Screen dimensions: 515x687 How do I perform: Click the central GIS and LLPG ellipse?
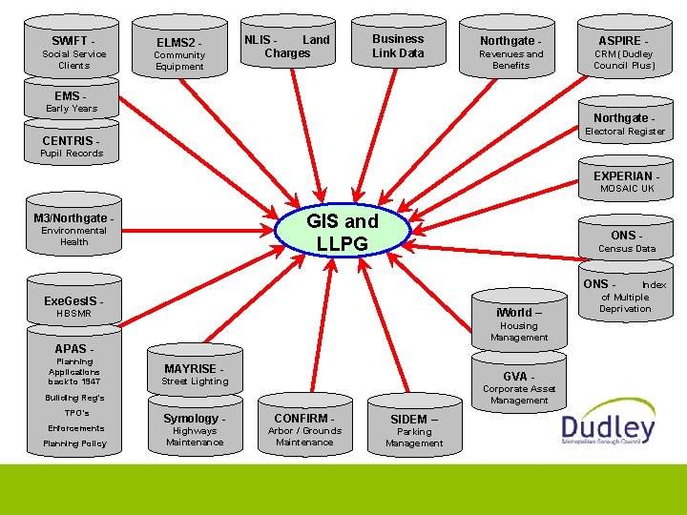[342, 233]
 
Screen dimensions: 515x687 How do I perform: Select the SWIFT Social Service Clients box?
[73, 52]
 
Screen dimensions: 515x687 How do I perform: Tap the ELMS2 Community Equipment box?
[179, 54]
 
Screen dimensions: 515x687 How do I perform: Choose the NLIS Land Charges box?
[287, 47]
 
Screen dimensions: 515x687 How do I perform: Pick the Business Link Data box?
[398, 47]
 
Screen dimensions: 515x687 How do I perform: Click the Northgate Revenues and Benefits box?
[510, 53]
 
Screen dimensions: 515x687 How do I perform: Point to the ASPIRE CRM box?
[624, 53]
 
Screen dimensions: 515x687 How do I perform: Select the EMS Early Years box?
[71, 102]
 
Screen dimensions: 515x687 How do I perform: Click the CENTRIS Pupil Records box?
[72, 146]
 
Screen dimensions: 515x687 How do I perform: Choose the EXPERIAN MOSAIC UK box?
[625, 181]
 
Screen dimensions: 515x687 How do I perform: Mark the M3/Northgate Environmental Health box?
[73, 229]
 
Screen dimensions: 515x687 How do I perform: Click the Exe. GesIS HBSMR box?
[73, 306]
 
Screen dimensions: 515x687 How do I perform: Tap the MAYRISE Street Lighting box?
[195, 374]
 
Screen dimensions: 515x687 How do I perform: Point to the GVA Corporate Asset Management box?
[519, 386]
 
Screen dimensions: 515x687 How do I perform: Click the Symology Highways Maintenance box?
[195, 429]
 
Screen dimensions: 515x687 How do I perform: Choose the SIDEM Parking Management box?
[414, 430]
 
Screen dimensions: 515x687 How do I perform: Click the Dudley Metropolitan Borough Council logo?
[609, 428]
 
